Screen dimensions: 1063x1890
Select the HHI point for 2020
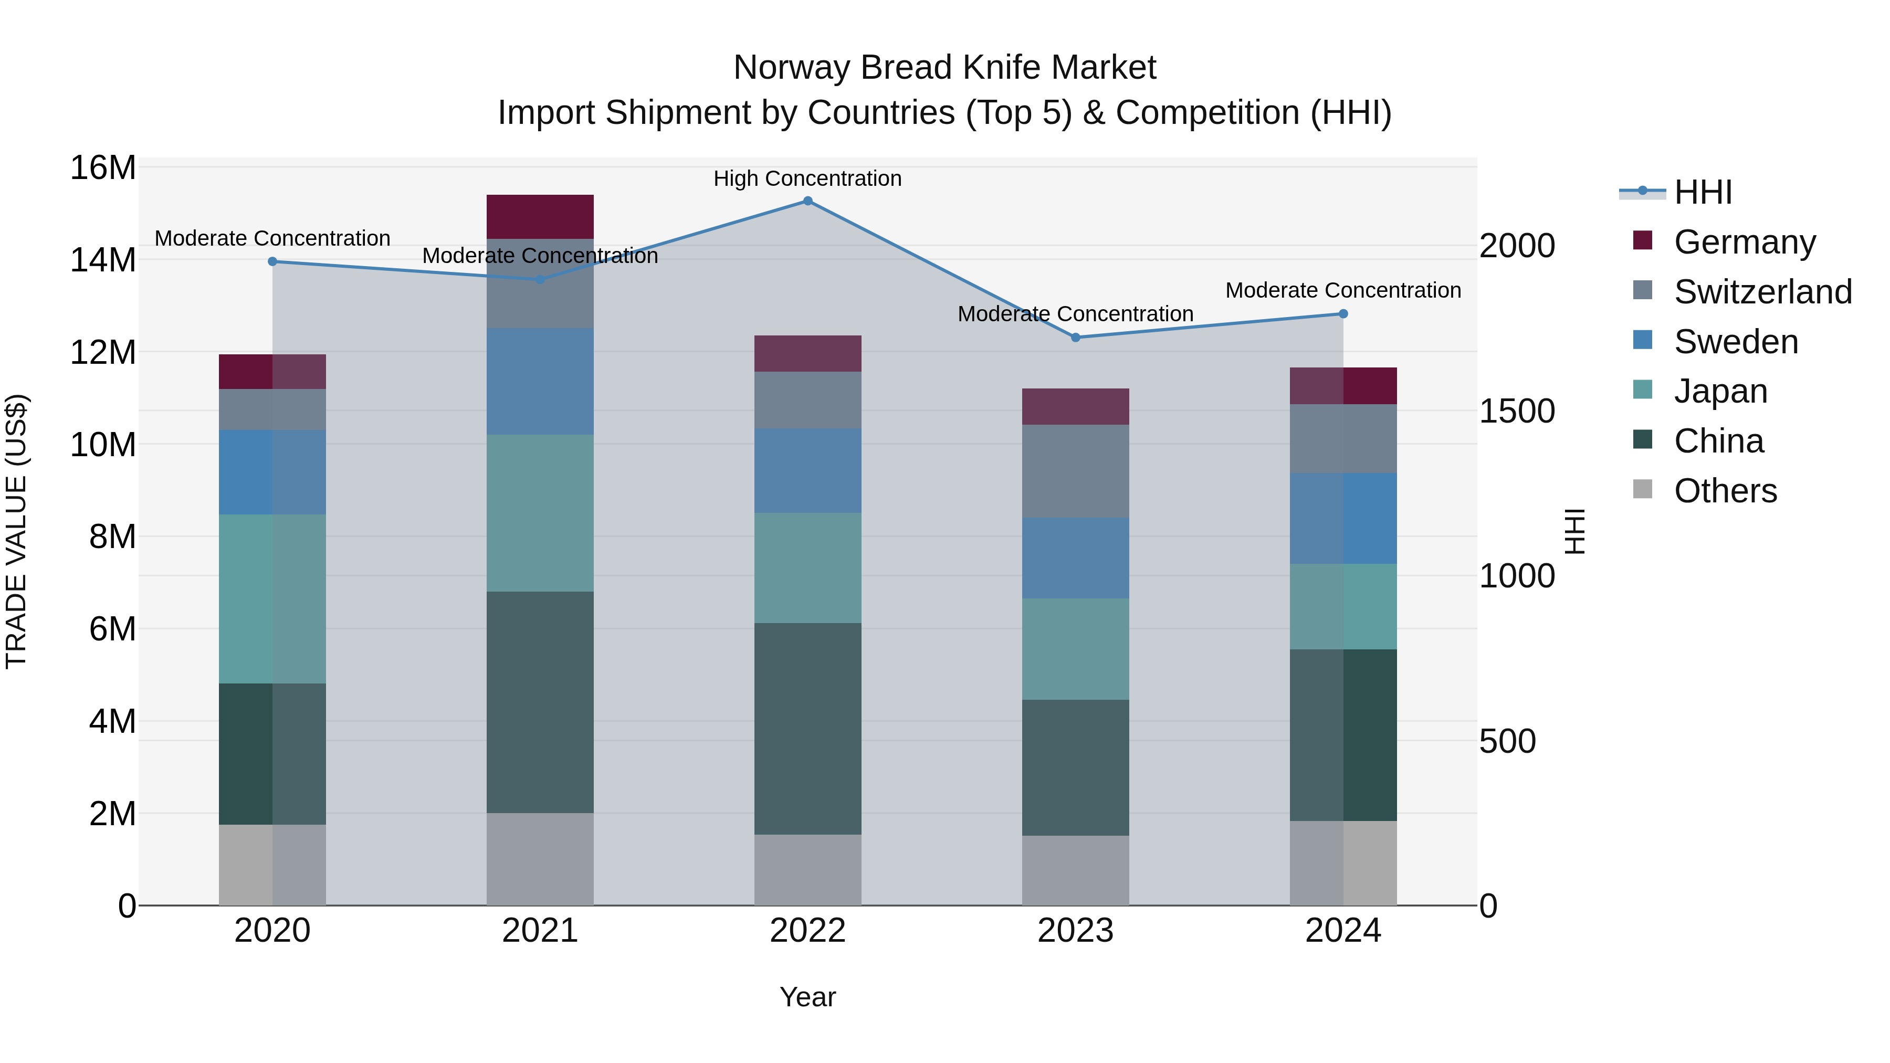pyautogui.click(x=272, y=262)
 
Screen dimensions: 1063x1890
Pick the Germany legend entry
pyautogui.click(x=1744, y=242)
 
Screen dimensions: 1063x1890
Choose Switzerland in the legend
pyautogui.click(x=1762, y=292)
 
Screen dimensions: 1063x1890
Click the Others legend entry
pyautogui.click(x=1725, y=491)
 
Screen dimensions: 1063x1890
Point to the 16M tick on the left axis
pyautogui.click(x=103, y=168)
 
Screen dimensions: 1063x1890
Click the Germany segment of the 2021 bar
pyautogui.click(x=540, y=217)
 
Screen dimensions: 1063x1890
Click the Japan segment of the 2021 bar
pyautogui.click(x=540, y=513)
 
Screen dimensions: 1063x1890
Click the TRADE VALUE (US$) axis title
pyautogui.click(x=16, y=531)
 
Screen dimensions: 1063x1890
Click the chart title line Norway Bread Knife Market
pyautogui.click(x=944, y=68)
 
